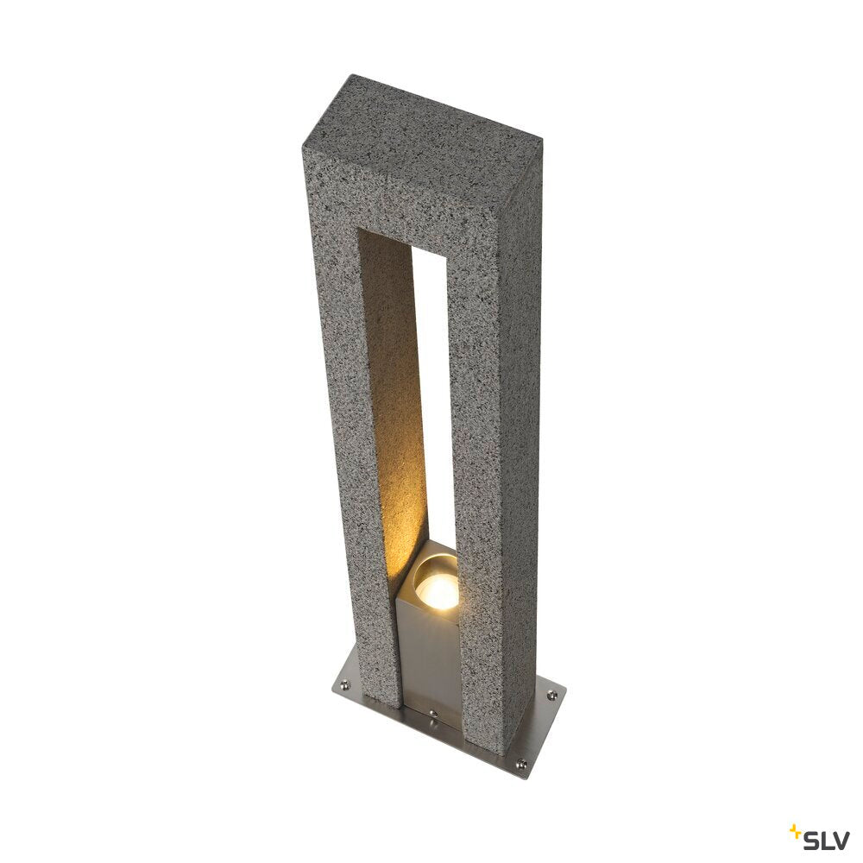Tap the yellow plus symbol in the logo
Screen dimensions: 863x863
pyautogui.click(x=795, y=831)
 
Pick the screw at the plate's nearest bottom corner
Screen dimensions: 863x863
pyautogui.click(x=520, y=762)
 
